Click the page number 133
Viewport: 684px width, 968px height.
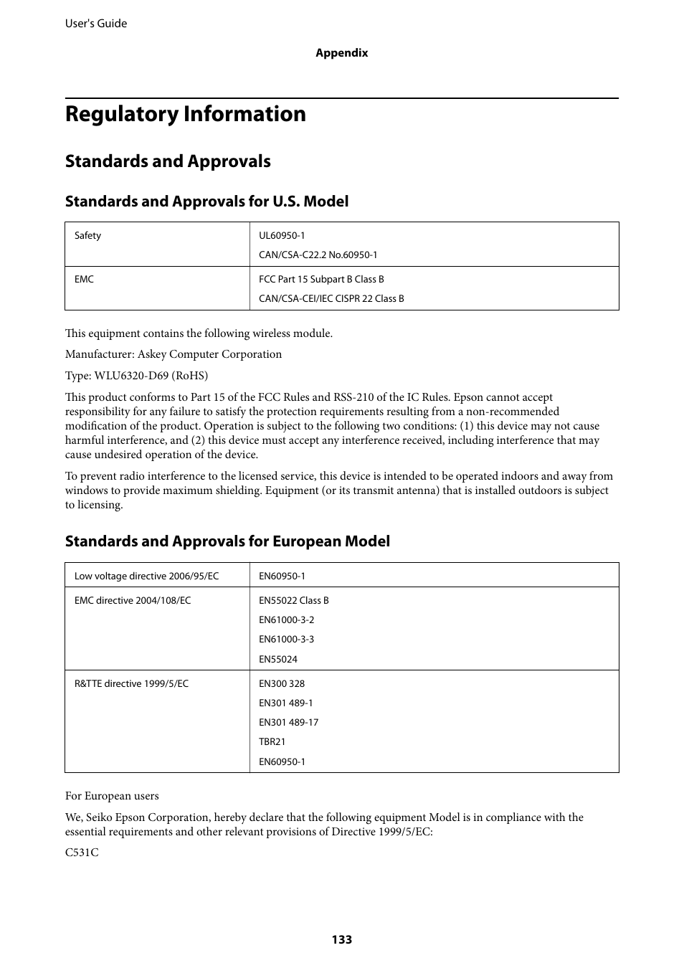pyautogui.click(x=342, y=939)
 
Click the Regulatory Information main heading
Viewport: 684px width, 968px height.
pyautogui.click(x=185, y=114)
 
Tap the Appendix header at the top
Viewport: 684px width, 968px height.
pyautogui.click(x=342, y=53)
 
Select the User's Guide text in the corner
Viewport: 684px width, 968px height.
pyautogui.click(x=96, y=24)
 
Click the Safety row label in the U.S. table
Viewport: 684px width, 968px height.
pyautogui.click(x=88, y=236)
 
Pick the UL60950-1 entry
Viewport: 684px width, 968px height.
pyautogui.click(x=282, y=236)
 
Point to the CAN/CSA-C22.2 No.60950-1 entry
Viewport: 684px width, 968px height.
pyautogui.click(x=318, y=255)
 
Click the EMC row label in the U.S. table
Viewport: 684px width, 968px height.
pyautogui.click(x=85, y=280)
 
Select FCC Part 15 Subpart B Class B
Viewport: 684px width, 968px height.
pyautogui.click(x=321, y=280)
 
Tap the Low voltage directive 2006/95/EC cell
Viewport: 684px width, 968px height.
pyautogui.click(x=146, y=576)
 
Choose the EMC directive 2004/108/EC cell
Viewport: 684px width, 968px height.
pyautogui.click(x=133, y=601)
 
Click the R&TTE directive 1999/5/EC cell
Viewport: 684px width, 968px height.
pyautogui.click(x=131, y=684)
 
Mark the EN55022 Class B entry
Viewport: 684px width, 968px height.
pyautogui.click(x=294, y=601)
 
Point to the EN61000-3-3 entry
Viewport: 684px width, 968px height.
pyautogui.click(x=286, y=640)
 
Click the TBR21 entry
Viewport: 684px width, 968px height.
pyautogui.click(x=272, y=742)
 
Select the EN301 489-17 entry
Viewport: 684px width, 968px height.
pyautogui.click(x=288, y=723)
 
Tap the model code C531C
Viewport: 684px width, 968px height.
pyautogui.click(x=82, y=853)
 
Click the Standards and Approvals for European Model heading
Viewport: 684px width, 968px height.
pyautogui.click(x=227, y=541)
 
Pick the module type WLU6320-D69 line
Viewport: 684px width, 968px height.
pyautogui.click(x=136, y=376)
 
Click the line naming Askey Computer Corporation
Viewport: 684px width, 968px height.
pyautogui.click(x=174, y=354)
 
